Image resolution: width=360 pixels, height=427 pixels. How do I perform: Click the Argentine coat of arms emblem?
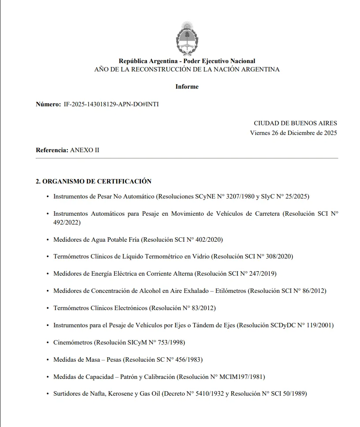(x=187, y=38)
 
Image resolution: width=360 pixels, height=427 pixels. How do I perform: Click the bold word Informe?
(x=187, y=86)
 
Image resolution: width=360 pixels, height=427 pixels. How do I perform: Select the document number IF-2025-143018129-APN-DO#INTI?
(x=111, y=104)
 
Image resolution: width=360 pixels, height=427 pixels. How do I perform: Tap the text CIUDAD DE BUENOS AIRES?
(x=295, y=124)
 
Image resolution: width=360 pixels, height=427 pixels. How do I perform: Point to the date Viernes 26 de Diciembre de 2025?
(x=293, y=133)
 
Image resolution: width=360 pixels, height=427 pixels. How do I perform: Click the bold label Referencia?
(x=52, y=150)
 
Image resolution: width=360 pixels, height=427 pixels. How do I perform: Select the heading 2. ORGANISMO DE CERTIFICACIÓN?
(x=94, y=181)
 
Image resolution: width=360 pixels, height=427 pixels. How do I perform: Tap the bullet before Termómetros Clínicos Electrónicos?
(x=48, y=308)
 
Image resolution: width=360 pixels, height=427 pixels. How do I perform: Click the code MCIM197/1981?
(x=242, y=377)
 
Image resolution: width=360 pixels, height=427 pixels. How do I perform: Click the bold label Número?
(x=48, y=104)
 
